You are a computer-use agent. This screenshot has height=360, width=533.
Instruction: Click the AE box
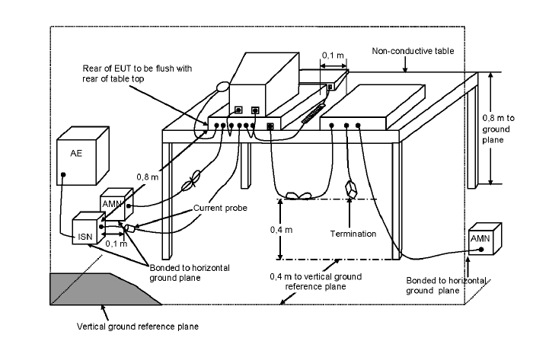pyautogui.click(x=82, y=156)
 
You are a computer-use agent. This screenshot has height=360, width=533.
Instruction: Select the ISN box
pyautogui.click(x=89, y=228)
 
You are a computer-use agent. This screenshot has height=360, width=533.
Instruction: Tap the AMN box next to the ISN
pyautogui.click(x=116, y=204)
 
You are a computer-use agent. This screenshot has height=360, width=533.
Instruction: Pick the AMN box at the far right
pyautogui.click(x=485, y=239)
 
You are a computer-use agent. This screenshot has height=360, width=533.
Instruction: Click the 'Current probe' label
pyautogui.click(x=220, y=208)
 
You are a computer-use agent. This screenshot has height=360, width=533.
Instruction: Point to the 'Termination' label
pyautogui.click(x=353, y=234)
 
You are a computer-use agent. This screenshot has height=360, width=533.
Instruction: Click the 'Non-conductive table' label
pyautogui.click(x=413, y=51)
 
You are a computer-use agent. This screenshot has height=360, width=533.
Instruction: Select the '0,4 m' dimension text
pyautogui.click(x=281, y=230)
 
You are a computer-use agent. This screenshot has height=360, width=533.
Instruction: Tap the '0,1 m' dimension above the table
pyautogui.click(x=333, y=55)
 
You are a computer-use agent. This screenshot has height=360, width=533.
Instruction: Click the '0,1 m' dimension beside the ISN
pyautogui.click(x=116, y=244)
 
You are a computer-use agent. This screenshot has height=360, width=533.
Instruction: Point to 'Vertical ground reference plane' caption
pyautogui.click(x=138, y=327)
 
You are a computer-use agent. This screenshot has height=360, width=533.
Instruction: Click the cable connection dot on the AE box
pyautogui.click(x=63, y=174)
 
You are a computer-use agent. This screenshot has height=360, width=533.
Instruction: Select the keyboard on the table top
pyautogui.click(x=314, y=113)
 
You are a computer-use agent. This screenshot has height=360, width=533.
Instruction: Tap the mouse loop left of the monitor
pyautogui.click(x=223, y=87)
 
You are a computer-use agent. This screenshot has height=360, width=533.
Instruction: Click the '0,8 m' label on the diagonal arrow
pyautogui.click(x=148, y=177)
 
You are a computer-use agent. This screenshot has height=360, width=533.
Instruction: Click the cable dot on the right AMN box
pyautogui.click(x=481, y=250)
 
